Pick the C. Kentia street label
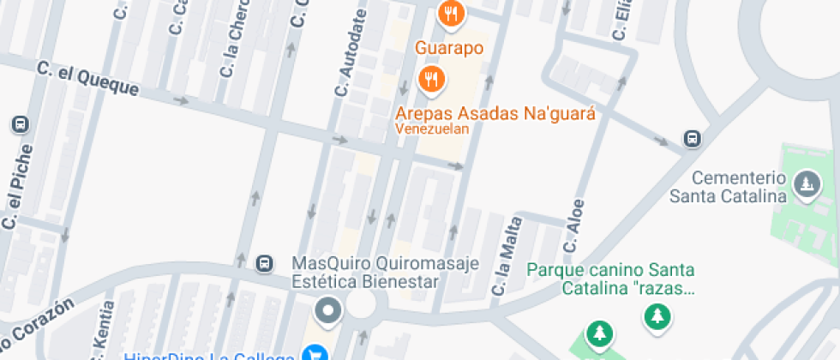coord(100,330)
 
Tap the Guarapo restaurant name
coord(450,48)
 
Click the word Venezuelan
coord(432,129)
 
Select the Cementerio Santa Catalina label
coord(739,187)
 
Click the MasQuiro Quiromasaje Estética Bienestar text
coord(365,272)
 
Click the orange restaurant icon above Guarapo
coord(450,12)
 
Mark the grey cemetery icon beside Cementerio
coord(806,183)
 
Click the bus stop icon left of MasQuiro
coord(265,263)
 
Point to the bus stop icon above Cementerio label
coord(691,138)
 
